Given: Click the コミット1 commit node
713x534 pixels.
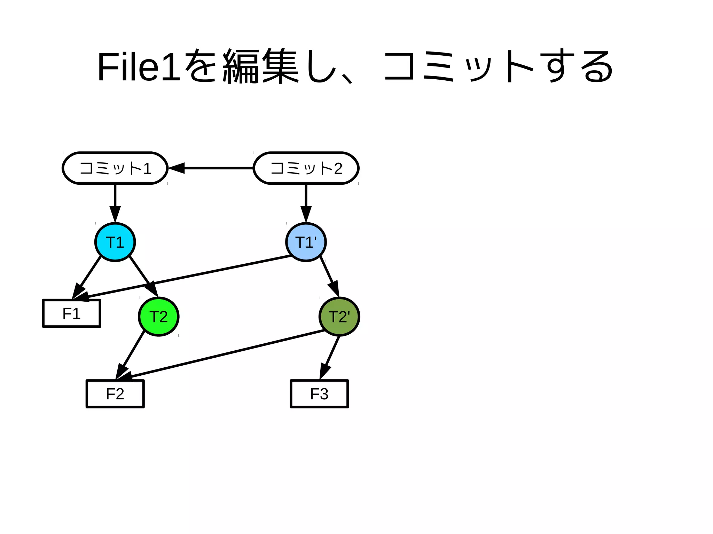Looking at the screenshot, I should click(x=115, y=168).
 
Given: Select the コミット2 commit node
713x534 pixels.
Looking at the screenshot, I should click(x=306, y=168).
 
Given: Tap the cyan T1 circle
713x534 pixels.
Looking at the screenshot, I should click(x=115, y=242).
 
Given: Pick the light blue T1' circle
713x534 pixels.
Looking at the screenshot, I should click(x=306, y=242).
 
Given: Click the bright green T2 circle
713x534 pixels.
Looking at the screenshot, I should click(x=158, y=317).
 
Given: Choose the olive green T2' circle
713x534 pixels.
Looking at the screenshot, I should click(x=339, y=317).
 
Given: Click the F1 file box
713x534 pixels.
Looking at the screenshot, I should click(x=71, y=313).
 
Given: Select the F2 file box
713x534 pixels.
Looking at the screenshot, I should click(x=115, y=394).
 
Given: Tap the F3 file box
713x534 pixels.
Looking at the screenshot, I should click(x=319, y=394).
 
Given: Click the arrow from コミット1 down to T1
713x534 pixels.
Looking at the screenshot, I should click(x=115, y=202).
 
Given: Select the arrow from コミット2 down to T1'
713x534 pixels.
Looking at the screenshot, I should click(x=306, y=202).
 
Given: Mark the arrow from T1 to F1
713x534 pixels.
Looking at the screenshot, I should click(x=89, y=275).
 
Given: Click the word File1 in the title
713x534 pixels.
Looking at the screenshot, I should click(x=139, y=67).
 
